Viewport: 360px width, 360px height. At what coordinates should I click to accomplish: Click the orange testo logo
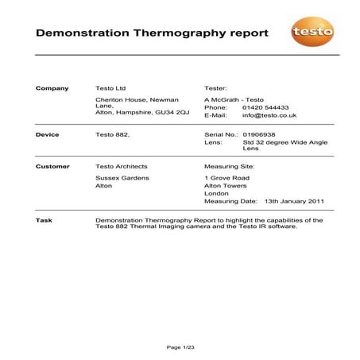point(312,33)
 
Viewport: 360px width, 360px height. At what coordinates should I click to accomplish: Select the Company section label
point(52,88)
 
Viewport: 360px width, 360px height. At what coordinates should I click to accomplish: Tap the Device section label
point(48,135)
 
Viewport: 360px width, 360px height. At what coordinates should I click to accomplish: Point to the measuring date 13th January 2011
point(294,201)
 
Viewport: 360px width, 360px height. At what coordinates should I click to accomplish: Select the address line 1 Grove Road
point(227,178)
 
